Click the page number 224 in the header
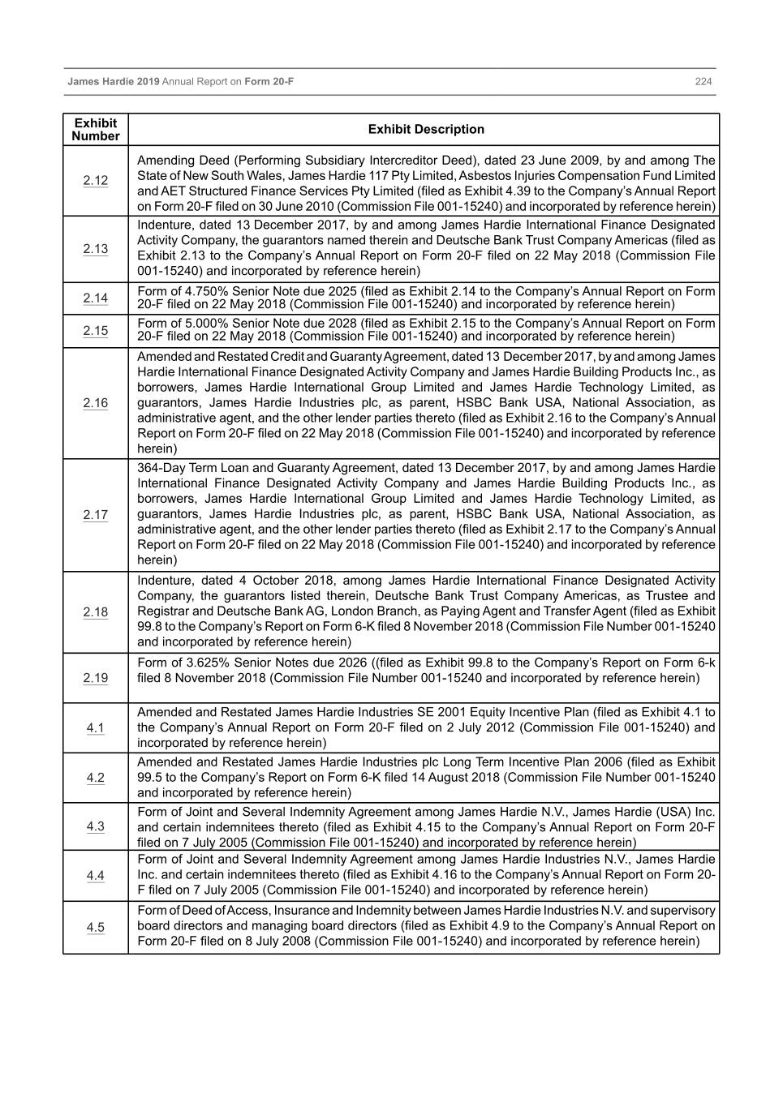pyautogui.click(x=703, y=82)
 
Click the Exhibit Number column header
pyautogui.click(x=95, y=130)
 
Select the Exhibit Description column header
pyautogui.click(x=425, y=130)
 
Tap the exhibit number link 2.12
pyautogui.click(x=95, y=180)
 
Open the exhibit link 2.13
pyautogui.click(x=95, y=249)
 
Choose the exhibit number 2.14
pyautogui.click(x=95, y=298)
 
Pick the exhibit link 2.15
pyautogui.click(x=95, y=330)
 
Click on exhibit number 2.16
pyautogui.click(x=95, y=403)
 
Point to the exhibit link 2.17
pyautogui.click(x=95, y=515)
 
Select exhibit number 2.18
pyautogui.click(x=95, y=612)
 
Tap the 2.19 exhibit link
pyautogui.click(x=95, y=678)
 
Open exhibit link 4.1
pyautogui.click(x=95, y=728)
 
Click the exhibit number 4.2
pyautogui.click(x=95, y=778)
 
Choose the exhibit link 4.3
pyautogui.click(x=95, y=826)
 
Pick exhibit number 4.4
pyautogui.click(x=95, y=876)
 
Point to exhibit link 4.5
pyautogui.click(x=95, y=927)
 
